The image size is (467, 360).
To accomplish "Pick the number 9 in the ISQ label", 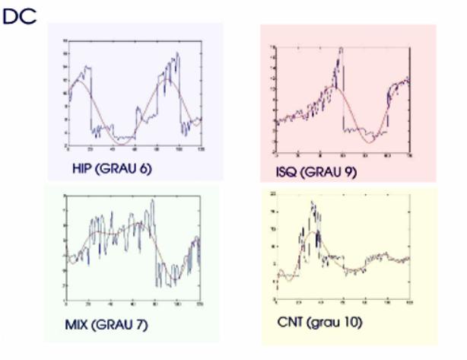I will [x=348, y=173].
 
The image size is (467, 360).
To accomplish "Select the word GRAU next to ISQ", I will [x=322, y=173].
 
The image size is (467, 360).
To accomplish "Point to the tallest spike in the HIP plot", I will [x=178, y=54].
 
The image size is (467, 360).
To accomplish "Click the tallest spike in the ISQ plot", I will [x=341, y=49].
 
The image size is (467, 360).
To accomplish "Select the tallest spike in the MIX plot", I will [x=153, y=202].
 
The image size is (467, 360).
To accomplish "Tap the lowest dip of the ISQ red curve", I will [x=369, y=142].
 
